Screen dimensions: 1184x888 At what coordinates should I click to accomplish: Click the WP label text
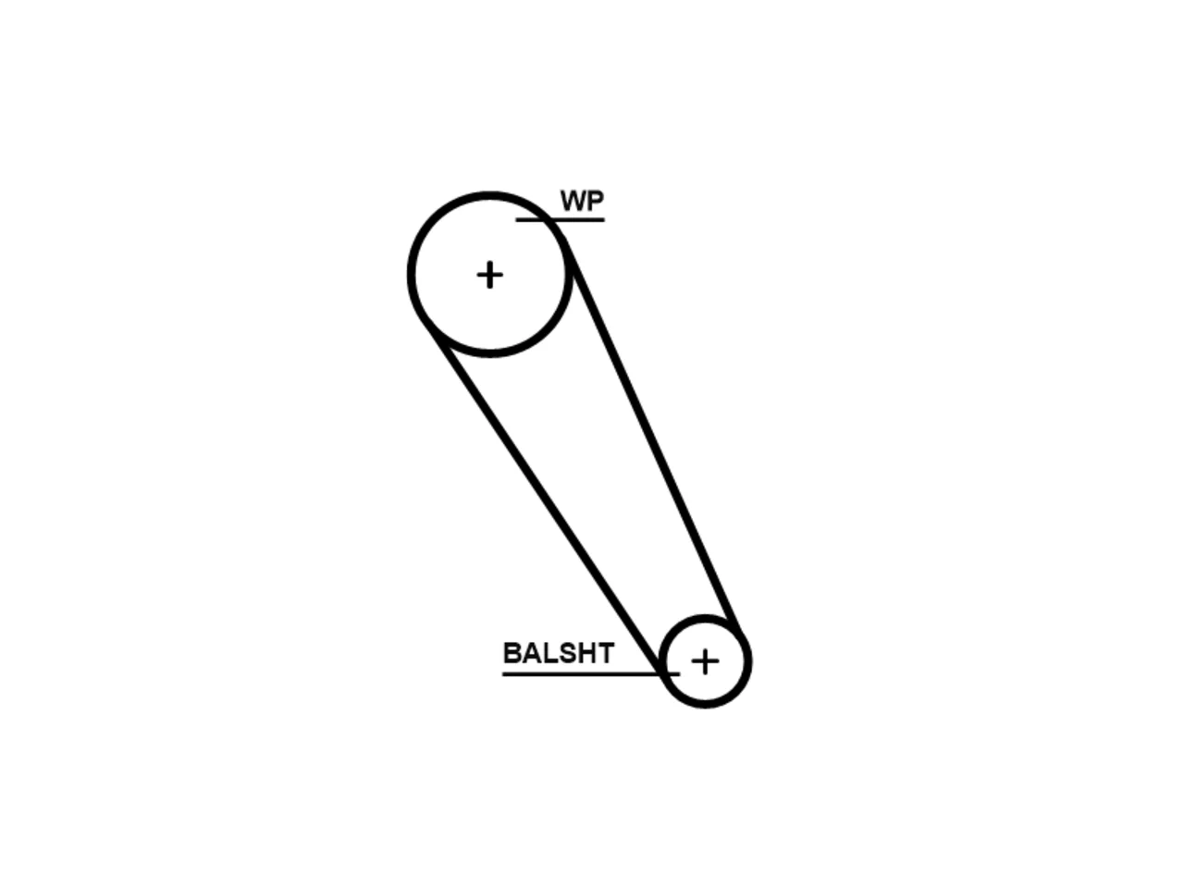(x=582, y=201)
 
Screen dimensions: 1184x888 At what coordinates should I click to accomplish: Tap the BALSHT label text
(x=559, y=653)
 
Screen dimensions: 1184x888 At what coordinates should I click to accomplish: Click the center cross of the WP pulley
(x=489, y=275)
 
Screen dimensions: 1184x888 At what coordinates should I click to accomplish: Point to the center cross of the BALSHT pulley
(x=705, y=661)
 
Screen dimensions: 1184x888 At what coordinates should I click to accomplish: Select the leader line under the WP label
(x=560, y=219)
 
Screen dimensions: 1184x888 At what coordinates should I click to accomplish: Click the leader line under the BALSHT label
(x=591, y=673)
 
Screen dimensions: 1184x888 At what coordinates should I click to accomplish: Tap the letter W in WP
(x=573, y=201)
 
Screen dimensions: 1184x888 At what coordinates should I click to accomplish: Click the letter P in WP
(x=596, y=201)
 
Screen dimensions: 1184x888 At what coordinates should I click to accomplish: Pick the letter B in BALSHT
(x=512, y=653)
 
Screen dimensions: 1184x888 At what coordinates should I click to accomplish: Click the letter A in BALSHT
(x=530, y=653)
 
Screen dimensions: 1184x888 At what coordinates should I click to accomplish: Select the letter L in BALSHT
(x=549, y=653)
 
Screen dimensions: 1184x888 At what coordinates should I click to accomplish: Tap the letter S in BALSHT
(x=566, y=653)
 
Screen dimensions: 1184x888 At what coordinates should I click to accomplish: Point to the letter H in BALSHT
(x=586, y=653)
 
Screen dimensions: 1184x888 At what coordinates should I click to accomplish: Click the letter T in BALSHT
(x=605, y=653)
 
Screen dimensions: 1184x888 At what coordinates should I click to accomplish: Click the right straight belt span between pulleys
(x=654, y=437)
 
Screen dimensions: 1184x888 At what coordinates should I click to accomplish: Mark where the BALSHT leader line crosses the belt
(x=660, y=673)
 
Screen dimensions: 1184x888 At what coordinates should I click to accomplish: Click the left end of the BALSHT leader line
(x=502, y=673)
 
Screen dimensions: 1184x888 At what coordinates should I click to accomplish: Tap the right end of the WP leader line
(x=604, y=219)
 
